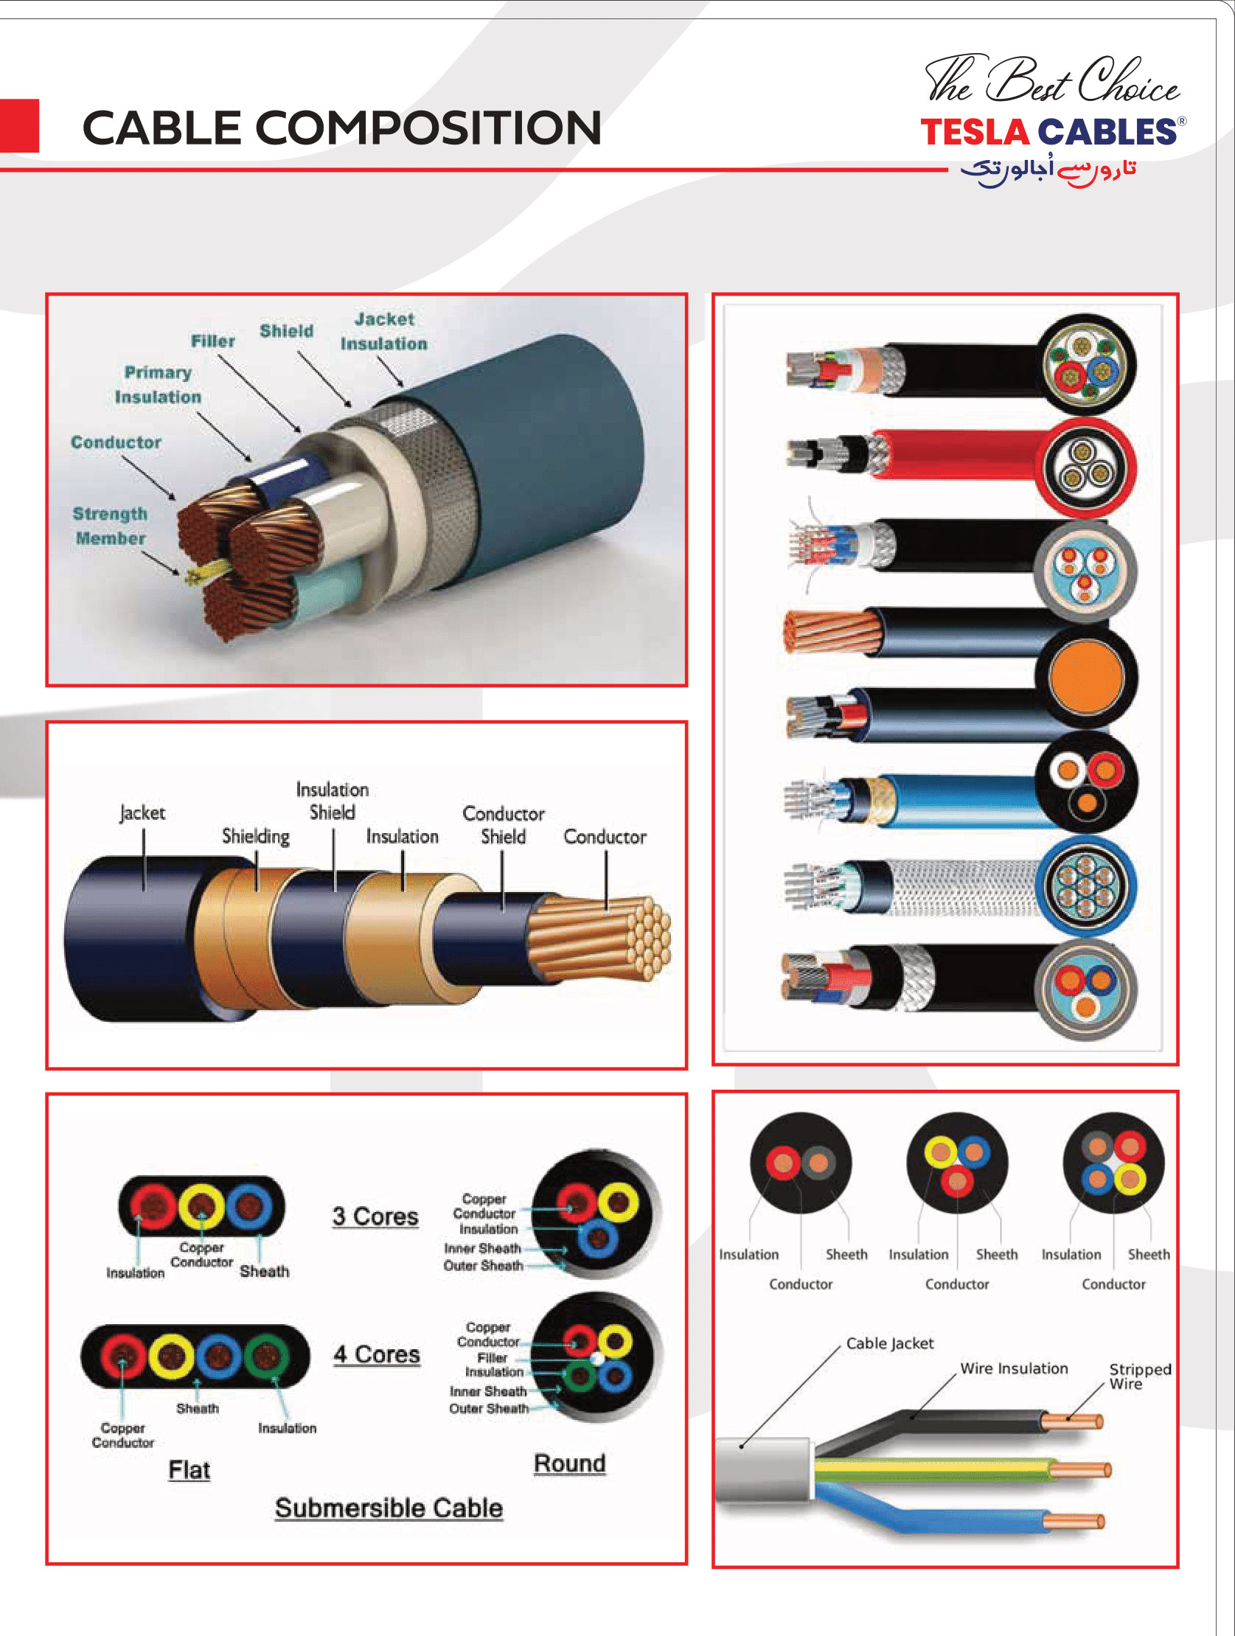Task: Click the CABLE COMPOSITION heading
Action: pyautogui.click(x=341, y=128)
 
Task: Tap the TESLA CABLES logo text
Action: pyautogui.click(x=1048, y=132)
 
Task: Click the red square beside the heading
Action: pyautogui.click(x=19, y=126)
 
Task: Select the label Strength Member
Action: pyautogui.click(x=110, y=526)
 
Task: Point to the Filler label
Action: pyautogui.click(x=213, y=341)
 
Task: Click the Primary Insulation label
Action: pyautogui.click(x=158, y=385)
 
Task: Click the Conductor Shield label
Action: pyautogui.click(x=504, y=825)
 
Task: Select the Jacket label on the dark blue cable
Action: pyautogui.click(x=143, y=812)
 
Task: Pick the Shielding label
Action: pyautogui.click(x=256, y=836)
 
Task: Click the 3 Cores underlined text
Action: pyautogui.click(x=376, y=1216)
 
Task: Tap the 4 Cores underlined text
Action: pyautogui.click(x=377, y=1354)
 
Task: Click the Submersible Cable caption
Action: pyautogui.click(x=389, y=1508)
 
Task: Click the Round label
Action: pyautogui.click(x=569, y=1463)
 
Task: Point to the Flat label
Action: pyautogui.click(x=189, y=1469)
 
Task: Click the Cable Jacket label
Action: pyautogui.click(x=890, y=1343)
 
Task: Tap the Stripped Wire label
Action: pyautogui.click(x=1140, y=1376)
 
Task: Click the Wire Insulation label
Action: pyautogui.click(x=1014, y=1368)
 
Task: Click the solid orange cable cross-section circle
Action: pyautogui.click(x=1085, y=676)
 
